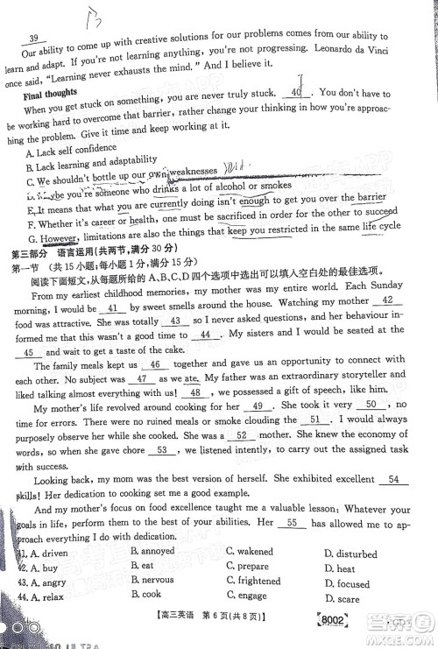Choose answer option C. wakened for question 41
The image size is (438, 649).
(250, 552)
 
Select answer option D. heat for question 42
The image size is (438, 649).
(340, 568)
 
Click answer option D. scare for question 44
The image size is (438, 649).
(342, 599)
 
